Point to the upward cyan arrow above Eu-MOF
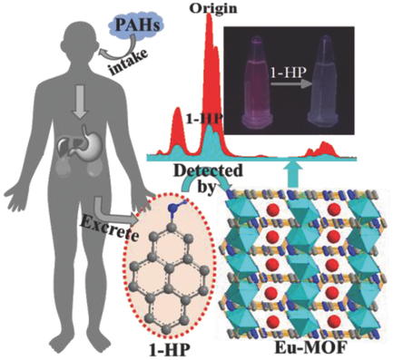click(x=291, y=170)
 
